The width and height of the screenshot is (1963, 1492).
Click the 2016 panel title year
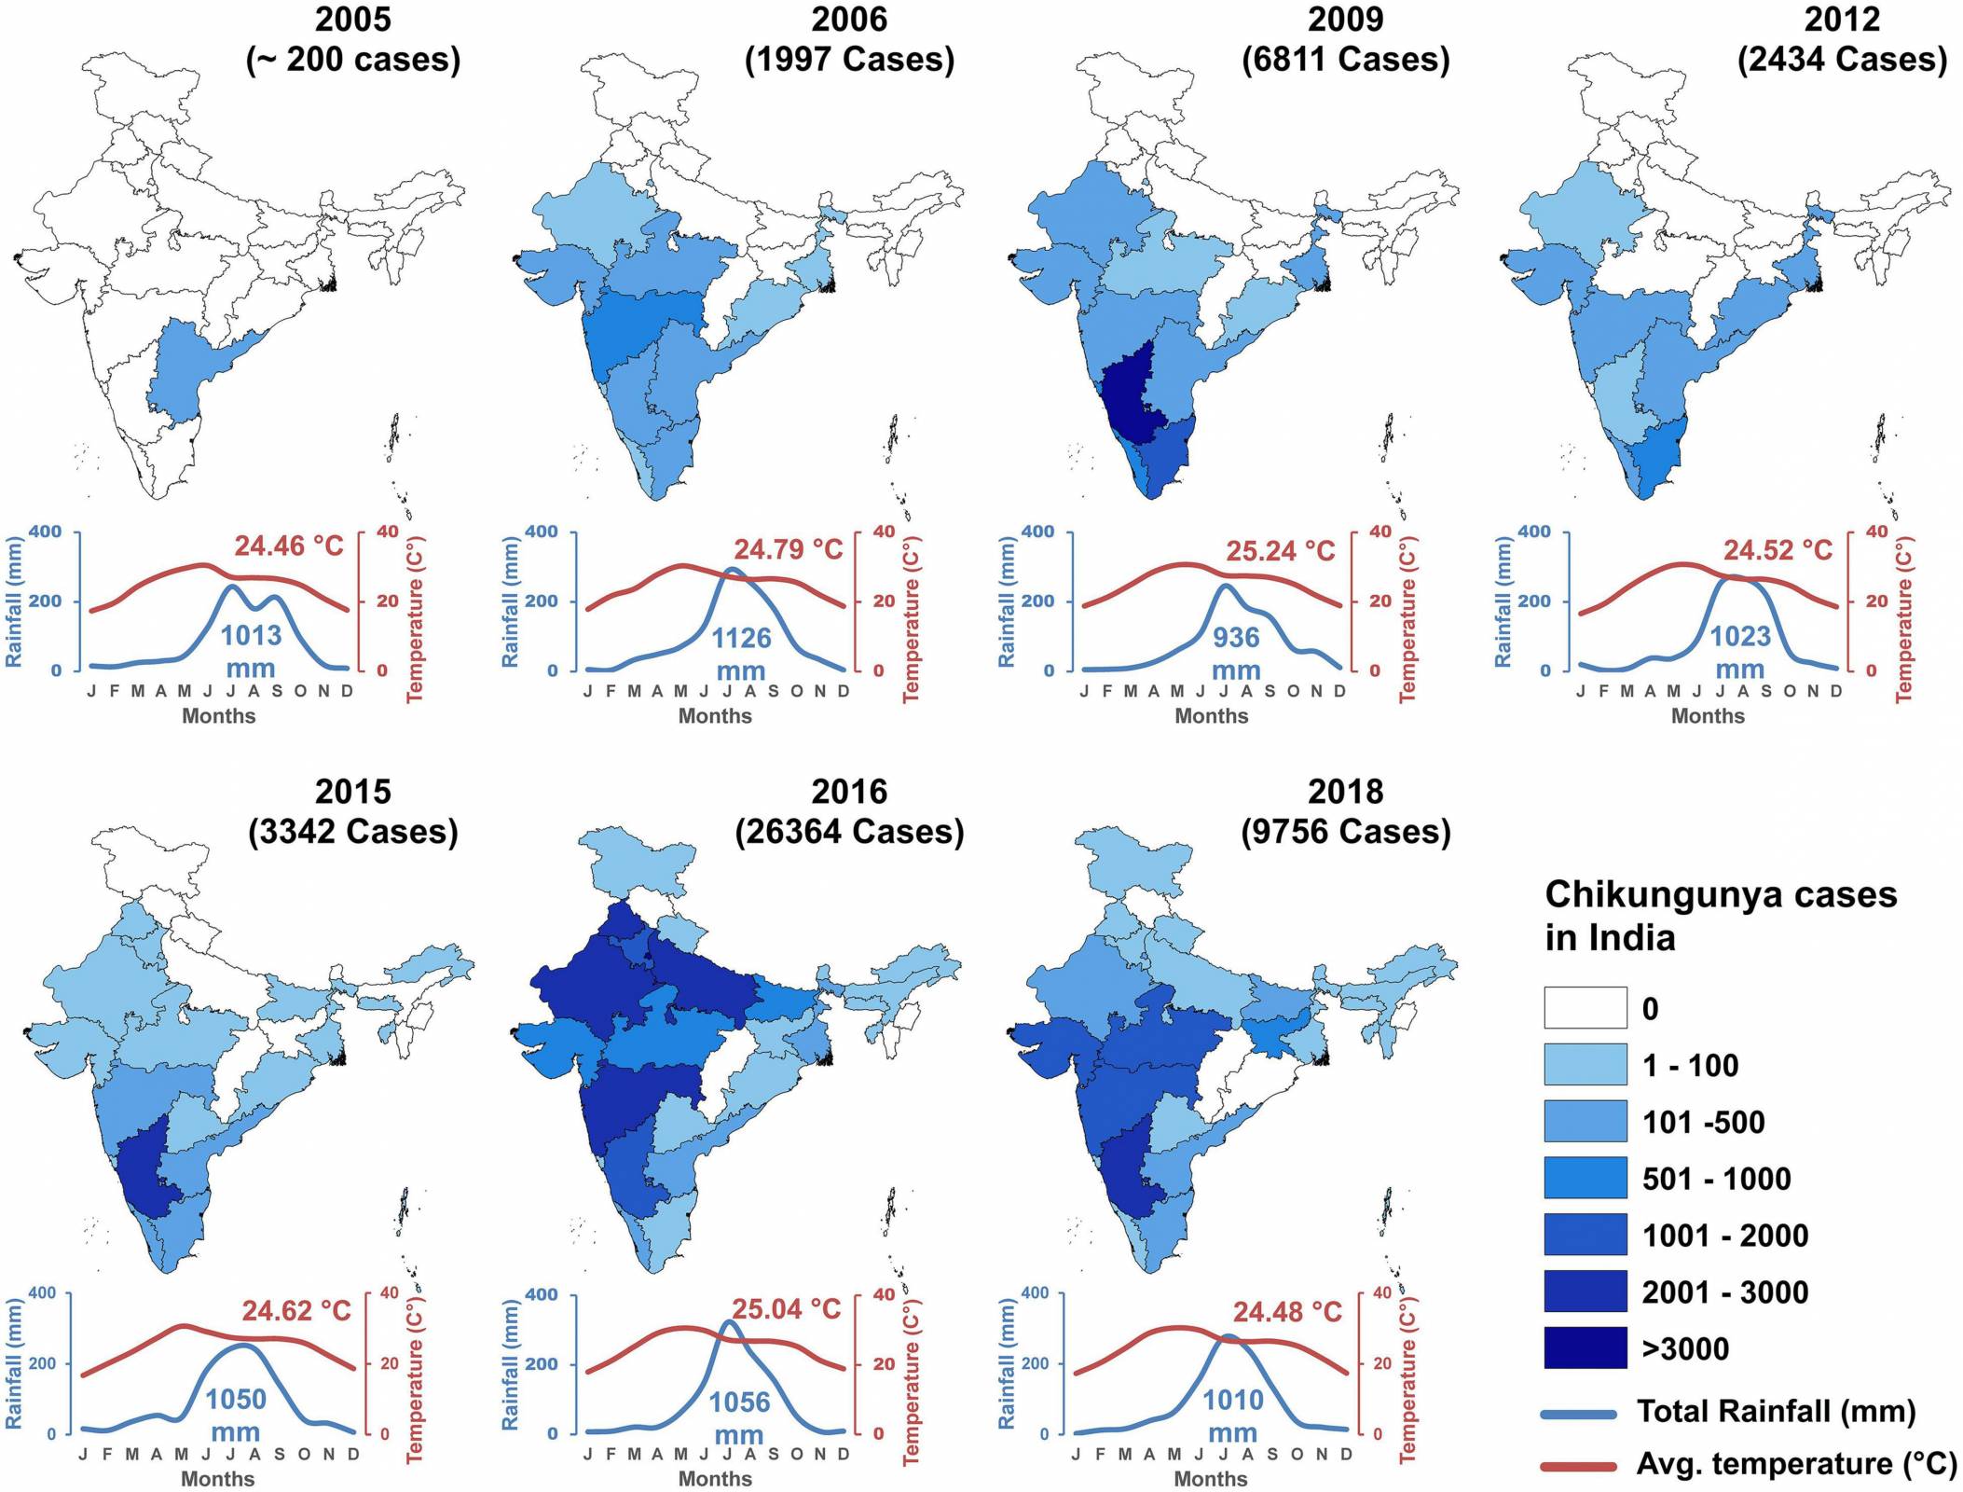pos(849,792)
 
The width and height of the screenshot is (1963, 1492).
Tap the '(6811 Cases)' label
pos(1345,60)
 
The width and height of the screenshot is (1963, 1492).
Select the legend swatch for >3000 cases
pos(1585,1347)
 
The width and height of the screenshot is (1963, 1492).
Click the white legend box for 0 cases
pos(1585,1008)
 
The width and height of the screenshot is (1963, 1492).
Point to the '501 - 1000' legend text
pos(1716,1179)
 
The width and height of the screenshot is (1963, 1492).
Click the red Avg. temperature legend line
pos(1578,1466)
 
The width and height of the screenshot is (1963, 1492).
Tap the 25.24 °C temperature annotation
pos(1280,551)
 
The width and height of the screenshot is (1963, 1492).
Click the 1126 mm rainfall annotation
pos(741,653)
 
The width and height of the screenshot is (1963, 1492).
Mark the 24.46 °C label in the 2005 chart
pos(288,546)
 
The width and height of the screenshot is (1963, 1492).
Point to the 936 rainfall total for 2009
pos(1236,638)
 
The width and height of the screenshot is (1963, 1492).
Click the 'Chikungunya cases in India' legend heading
pos(1720,915)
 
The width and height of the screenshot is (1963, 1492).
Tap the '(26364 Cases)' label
pos(849,832)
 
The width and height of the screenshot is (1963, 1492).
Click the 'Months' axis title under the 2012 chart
pos(1707,716)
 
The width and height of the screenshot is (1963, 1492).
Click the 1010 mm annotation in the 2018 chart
pos(1232,1414)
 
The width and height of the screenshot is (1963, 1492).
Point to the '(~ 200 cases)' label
pos(353,60)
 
